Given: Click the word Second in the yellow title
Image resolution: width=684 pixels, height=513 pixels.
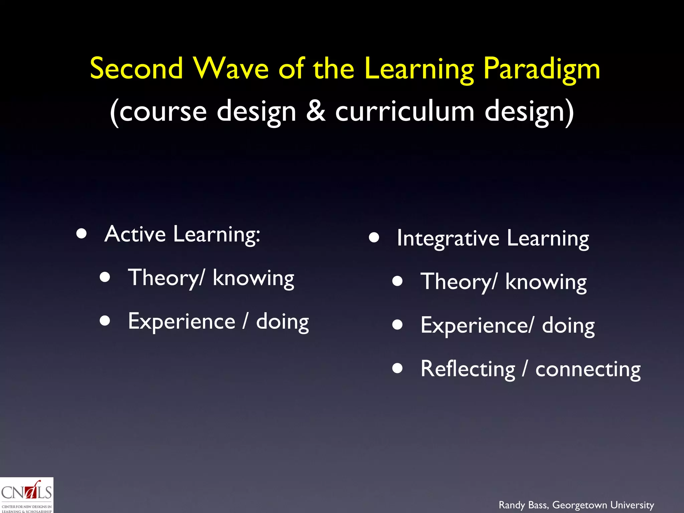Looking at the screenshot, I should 137,68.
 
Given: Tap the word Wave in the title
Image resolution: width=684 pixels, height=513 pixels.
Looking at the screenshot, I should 231,68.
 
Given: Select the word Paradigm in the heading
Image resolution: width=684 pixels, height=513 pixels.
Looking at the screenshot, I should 542,69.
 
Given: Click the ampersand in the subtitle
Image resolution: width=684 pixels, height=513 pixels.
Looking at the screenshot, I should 316,111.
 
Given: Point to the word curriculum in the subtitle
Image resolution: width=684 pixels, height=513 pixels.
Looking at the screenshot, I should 404,111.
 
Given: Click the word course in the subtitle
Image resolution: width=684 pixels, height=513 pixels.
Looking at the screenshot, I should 163,112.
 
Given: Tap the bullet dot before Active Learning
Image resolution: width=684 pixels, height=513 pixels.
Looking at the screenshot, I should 81,233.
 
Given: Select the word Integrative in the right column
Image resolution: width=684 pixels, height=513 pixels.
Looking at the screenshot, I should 448,238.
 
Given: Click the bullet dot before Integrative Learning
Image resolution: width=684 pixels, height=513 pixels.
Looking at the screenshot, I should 374,237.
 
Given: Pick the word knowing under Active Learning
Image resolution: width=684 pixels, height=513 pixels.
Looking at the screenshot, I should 253,278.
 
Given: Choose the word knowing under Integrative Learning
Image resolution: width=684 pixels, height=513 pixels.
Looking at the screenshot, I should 546,282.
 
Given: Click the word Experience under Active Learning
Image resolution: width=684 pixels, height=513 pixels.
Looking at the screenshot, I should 182,321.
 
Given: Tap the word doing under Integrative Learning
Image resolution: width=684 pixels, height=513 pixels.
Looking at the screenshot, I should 568,326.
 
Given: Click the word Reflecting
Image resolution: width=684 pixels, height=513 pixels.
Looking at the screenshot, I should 468,369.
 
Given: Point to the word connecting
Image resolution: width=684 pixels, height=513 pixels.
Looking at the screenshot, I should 588,369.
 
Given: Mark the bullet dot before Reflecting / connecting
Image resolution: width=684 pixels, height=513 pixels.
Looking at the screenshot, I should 397,368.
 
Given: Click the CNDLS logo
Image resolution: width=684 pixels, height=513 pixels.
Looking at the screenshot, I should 26,495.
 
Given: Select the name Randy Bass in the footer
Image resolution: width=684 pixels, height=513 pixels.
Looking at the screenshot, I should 523,505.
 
